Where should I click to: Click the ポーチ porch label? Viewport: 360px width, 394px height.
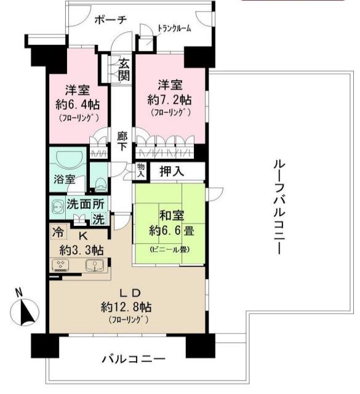click(x=111, y=20)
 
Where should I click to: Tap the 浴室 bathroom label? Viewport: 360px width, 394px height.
click(x=63, y=180)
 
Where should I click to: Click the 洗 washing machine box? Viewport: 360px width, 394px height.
click(x=98, y=218)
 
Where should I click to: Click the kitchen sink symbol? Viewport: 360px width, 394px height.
click(x=94, y=267)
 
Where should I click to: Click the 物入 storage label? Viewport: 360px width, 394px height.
click(x=141, y=172)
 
